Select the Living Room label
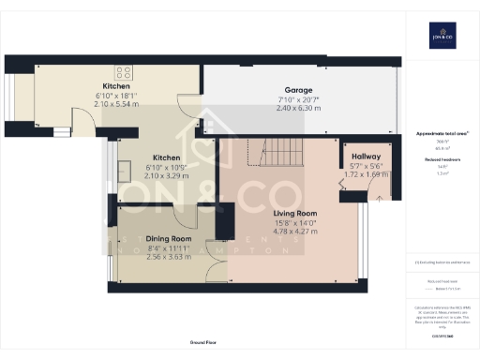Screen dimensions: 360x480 coord(295,213)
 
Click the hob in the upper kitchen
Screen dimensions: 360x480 coord(124,71)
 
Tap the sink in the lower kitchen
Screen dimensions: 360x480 coord(123,171)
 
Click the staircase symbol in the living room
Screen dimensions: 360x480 coord(274,152)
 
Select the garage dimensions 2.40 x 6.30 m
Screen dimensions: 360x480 coord(299,108)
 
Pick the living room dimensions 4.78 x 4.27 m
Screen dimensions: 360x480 coord(295,231)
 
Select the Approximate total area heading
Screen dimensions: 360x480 coord(441,134)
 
